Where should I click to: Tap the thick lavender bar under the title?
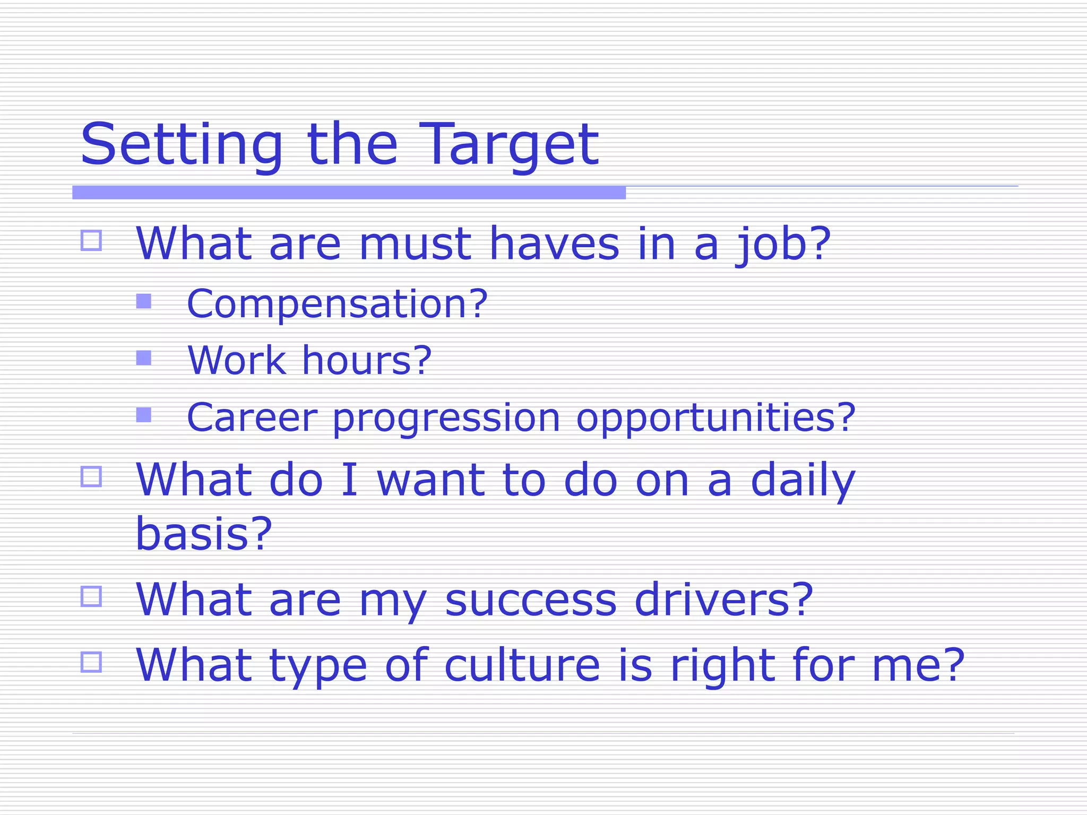[349, 193]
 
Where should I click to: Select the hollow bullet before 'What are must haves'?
[91, 240]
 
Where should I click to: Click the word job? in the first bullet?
[782, 245]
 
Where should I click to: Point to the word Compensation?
[337, 304]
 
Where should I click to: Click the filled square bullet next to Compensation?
[144, 301]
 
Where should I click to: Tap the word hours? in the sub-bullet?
[367, 360]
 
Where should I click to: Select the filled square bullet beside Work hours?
[144, 358]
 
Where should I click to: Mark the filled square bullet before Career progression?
[144, 414]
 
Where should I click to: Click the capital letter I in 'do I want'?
[349, 481]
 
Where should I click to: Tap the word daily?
[803, 481]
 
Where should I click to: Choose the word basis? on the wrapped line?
[204, 534]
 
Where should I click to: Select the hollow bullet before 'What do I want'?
[91, 476]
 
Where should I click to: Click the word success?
[531, 601]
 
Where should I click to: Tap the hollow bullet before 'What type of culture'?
[91, 662]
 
